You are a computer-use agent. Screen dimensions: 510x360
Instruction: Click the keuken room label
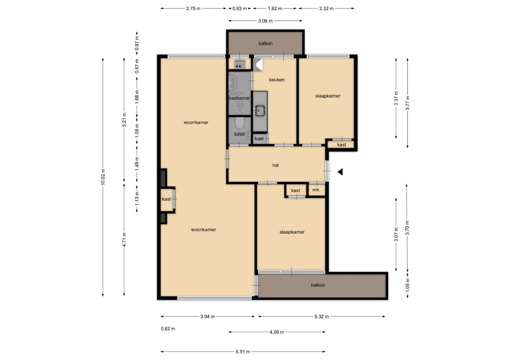276,80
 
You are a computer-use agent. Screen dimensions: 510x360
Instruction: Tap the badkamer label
239,98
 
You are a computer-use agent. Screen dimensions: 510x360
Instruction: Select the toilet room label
239,134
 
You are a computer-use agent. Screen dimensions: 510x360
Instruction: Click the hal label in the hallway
275,165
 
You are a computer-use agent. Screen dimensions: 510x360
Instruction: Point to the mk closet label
316,190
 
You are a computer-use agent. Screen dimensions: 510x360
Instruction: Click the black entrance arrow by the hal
340,172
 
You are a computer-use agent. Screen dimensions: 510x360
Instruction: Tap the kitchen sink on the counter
260,110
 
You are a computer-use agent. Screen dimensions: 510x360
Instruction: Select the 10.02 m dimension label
103,177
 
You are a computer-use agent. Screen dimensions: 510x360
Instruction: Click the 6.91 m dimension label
243,352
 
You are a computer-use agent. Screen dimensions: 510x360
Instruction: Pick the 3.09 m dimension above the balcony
265,21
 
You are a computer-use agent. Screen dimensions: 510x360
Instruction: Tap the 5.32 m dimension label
322,317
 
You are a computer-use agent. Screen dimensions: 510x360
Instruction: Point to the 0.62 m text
168,329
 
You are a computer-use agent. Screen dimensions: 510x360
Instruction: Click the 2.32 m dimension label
326,8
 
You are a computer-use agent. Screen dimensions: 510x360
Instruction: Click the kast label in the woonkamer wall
166,199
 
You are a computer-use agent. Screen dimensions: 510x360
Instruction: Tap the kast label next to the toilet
259,139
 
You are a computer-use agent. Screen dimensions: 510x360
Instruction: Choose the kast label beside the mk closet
296,191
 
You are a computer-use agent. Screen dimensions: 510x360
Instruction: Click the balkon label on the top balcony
265,43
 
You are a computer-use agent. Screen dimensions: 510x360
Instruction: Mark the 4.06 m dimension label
277,332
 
